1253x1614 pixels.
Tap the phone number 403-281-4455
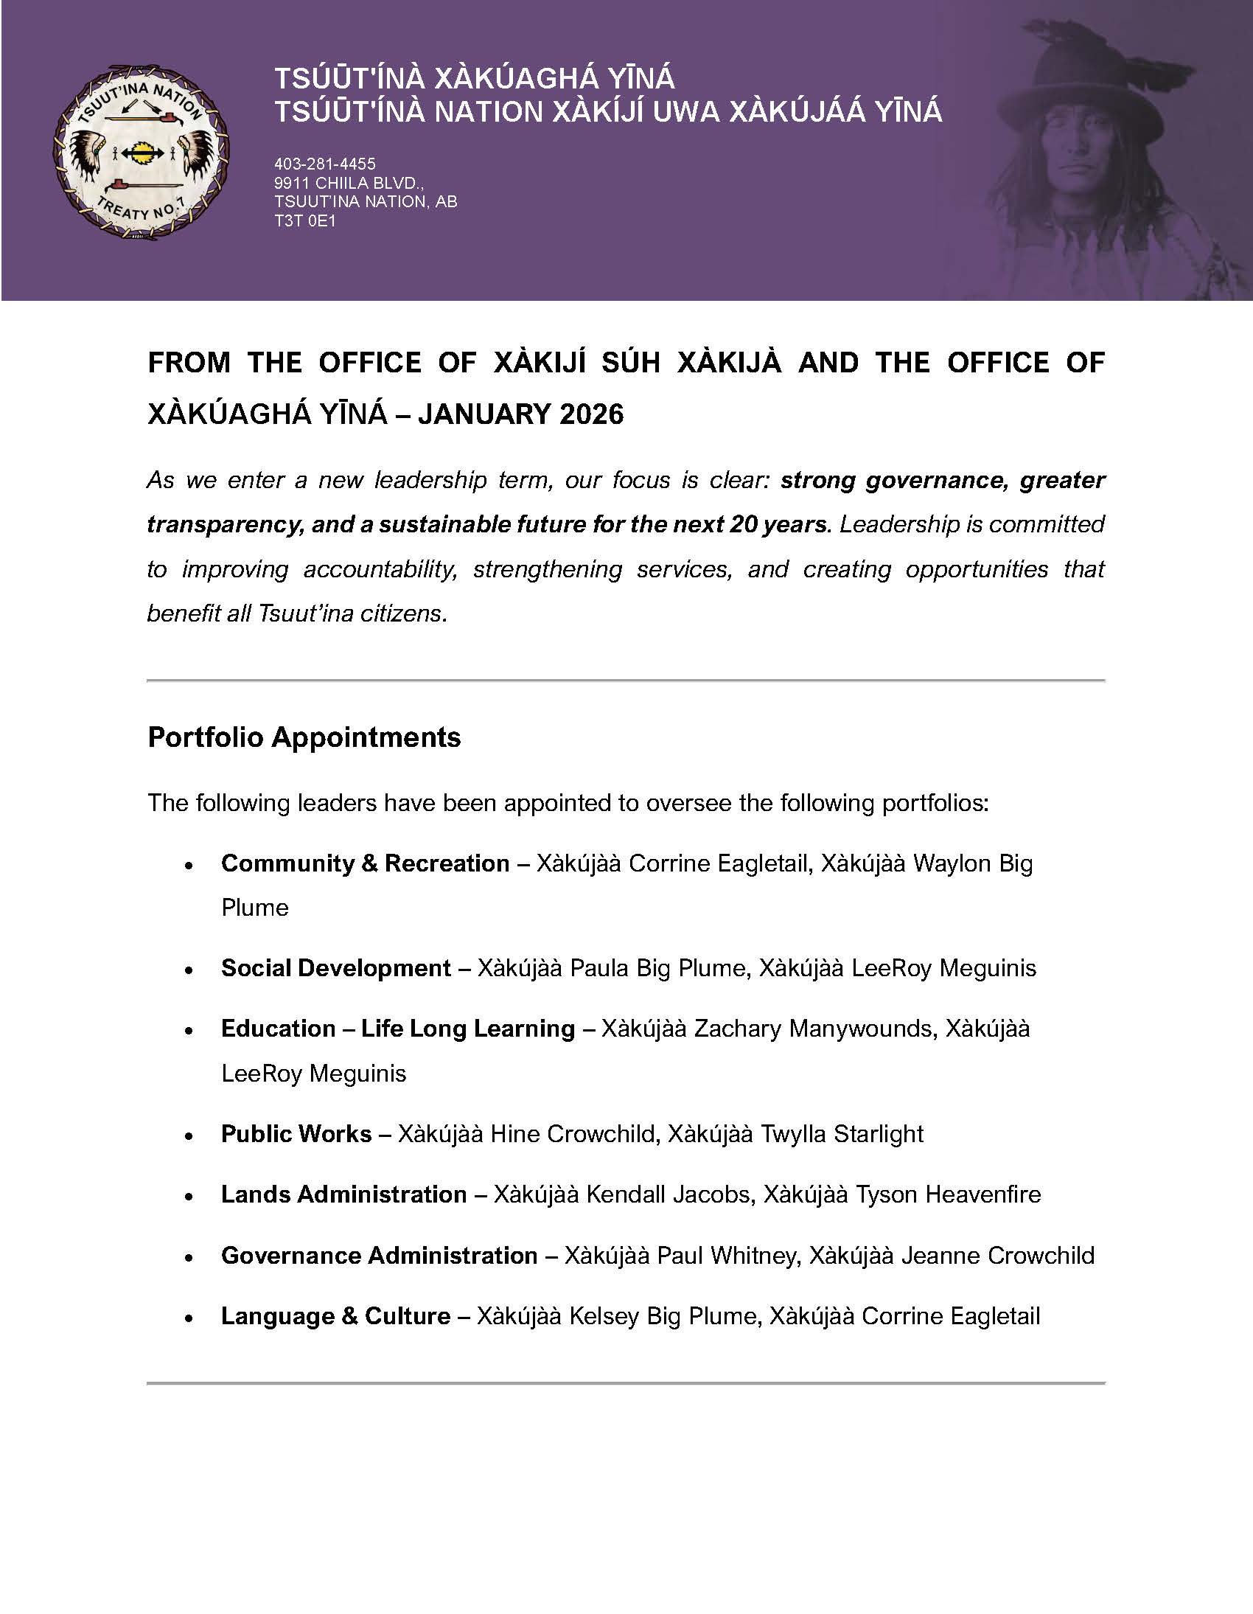point(324,164)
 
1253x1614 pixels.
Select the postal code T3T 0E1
point(304,221)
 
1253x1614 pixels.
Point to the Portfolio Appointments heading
point(304,737)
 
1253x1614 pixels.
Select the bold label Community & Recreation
point(365,863)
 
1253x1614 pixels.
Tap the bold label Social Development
point(336,968)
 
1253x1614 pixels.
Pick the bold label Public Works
point(296,1134)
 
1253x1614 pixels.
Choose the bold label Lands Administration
point(343,1194)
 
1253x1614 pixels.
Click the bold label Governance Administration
point(379,1256)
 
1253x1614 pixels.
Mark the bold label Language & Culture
point(335,1316)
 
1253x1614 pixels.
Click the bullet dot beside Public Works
point(189,1135)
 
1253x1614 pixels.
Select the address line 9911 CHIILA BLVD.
point(348,184)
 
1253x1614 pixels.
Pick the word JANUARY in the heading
point(484,414)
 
